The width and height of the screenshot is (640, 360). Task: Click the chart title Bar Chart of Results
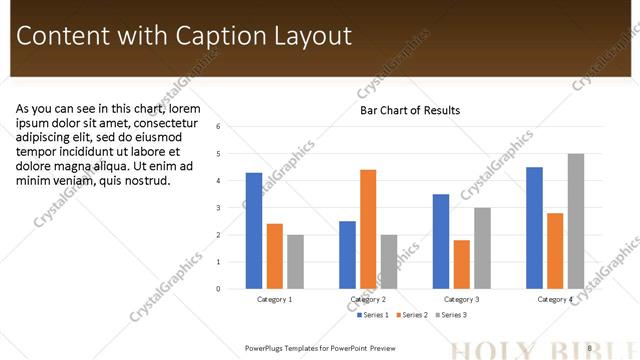pos(410,110)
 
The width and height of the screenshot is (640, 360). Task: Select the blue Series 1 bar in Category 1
pos(254,231)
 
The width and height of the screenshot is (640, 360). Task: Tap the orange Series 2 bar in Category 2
pos(368,229)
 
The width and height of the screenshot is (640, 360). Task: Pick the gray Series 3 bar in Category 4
pos(576,221)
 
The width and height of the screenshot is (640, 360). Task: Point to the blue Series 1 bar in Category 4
pos(534,228)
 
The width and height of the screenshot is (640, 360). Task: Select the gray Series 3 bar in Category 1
pos(295,262)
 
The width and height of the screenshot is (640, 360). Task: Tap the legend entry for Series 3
pos(451,315)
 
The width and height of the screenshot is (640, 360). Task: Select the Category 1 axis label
pos(275,299)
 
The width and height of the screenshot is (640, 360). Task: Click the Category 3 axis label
pos(461,299)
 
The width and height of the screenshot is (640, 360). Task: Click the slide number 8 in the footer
pos(590,348)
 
